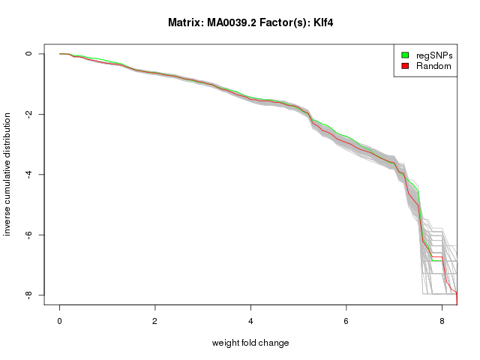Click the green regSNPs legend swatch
[x=406, y=55]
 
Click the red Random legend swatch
[x=406, y=66]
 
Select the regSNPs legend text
[x=434, y=55]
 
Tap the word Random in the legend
[x=433, y=66]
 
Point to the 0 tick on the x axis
[x=60, y=321]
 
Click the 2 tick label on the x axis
[x=155, y=321]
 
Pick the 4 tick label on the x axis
[x=250, y=321]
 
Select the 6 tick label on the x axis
[x=346, y=321]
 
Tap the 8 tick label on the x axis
[x=442, y=321]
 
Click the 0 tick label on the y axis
[x=28, y=54]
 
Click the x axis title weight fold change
[x=250, y=343]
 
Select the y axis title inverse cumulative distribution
[x=8, y=174]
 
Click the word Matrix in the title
[x=184, y=23]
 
